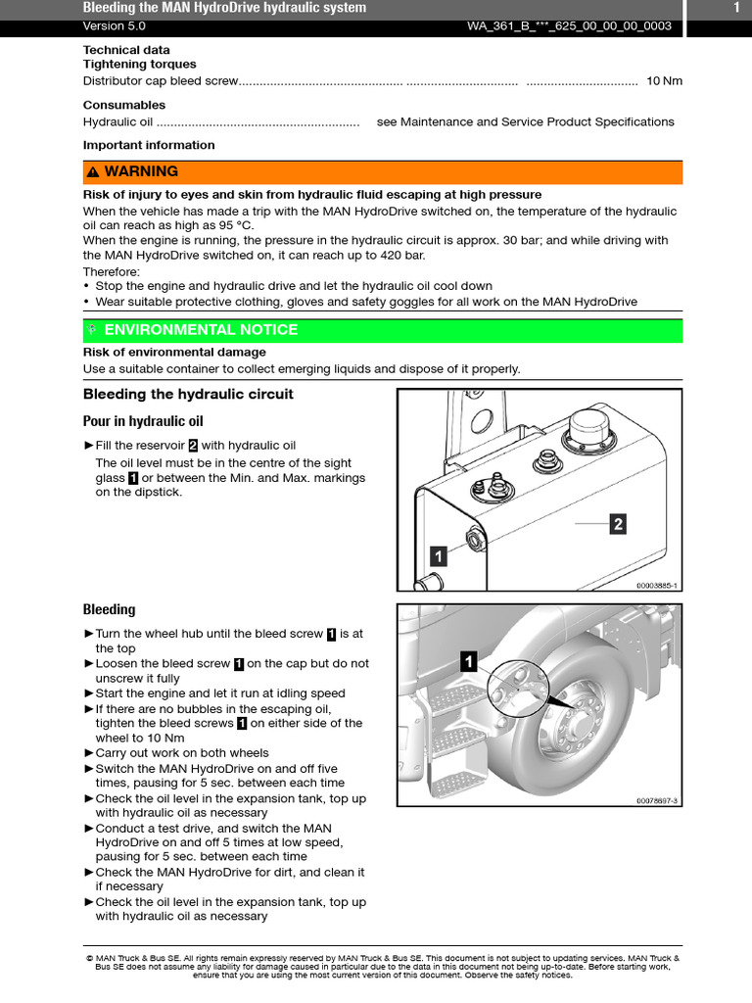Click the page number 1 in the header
tap(735, 8)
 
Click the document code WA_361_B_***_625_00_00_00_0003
tap(569, 26)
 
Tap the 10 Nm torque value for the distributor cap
tap(664, 81)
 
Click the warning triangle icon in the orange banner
tap(92, 172)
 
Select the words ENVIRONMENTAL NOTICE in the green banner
tap(201, 330)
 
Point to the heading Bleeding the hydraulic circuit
tap(188, 395)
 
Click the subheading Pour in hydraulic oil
tap(143, 421)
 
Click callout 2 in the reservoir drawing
tap(617, 524)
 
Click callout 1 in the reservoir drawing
tap(439, 556)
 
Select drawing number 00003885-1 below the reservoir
tap(656, 586)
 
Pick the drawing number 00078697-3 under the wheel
tap(656, 800)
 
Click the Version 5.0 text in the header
tap(111, 26)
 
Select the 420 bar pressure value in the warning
tap(403, 256)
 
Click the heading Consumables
tap(124, 105)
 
